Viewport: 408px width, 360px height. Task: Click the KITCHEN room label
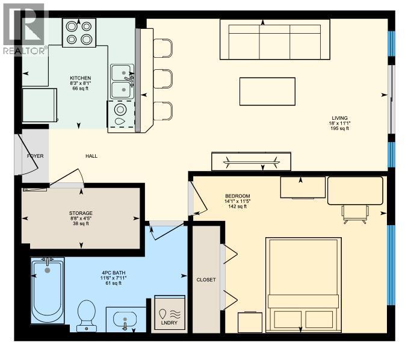click(x=80, y=78)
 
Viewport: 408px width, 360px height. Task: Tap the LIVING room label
click(x=339, y=118)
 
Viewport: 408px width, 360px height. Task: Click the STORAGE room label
click(x=81, y=213)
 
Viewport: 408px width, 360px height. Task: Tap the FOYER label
click(x=36, y=156)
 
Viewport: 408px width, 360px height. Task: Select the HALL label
click(x=91, y=156)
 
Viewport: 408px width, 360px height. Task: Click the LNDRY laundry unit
click(x=170, y=313)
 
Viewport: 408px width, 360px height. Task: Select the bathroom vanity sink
click(x=126, y=319)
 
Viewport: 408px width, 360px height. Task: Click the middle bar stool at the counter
click(x=163, y=79)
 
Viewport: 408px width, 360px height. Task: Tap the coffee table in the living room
click(x=267, y=92)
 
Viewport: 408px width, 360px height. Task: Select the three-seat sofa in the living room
click(x=275, y=40)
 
